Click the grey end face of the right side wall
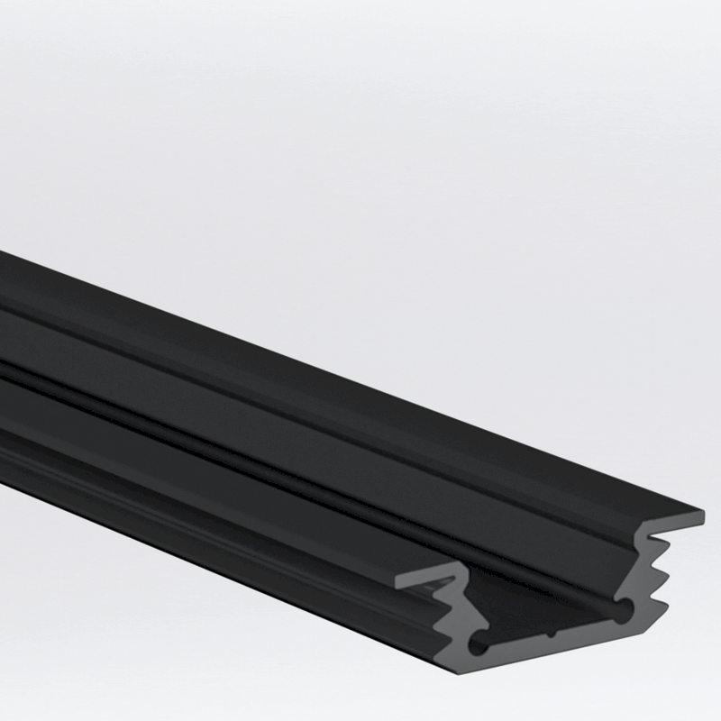[x=642, y=577]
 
